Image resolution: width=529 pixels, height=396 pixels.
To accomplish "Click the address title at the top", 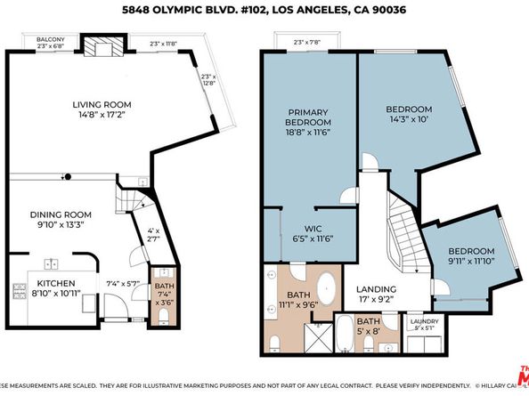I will (x=264, y=11).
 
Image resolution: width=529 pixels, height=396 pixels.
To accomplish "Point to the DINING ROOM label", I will (x=55, y=214).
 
